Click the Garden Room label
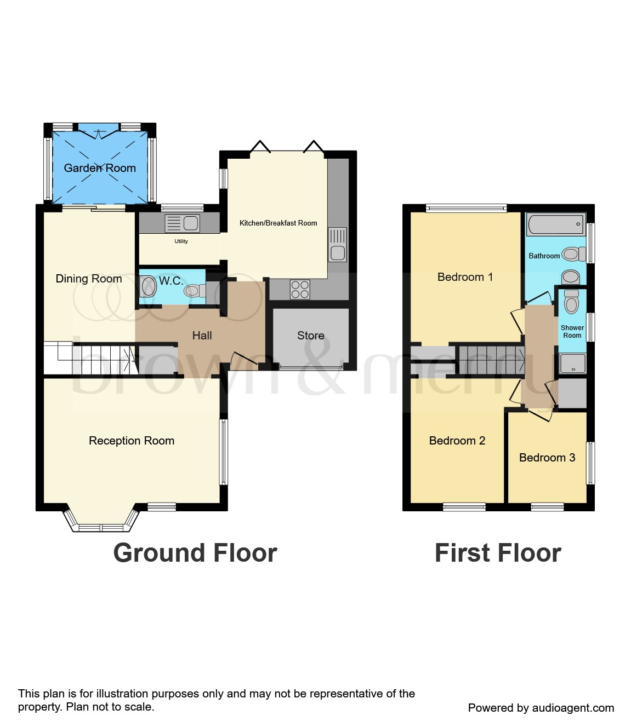[100, 168]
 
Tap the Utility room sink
[183, 223]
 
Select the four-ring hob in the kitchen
[300, 290]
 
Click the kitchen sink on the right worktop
[338, 245]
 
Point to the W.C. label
[171, 281]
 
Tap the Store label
[311, 336]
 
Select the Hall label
[202, 336]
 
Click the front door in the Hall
[244, 361]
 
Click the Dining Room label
[89, 279]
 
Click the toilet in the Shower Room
[571, 302]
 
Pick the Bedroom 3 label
[547, 458]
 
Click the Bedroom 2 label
[457, 441]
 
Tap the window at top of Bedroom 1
[466, 208]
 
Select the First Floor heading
[498, 553]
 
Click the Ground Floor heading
[195, 553]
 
